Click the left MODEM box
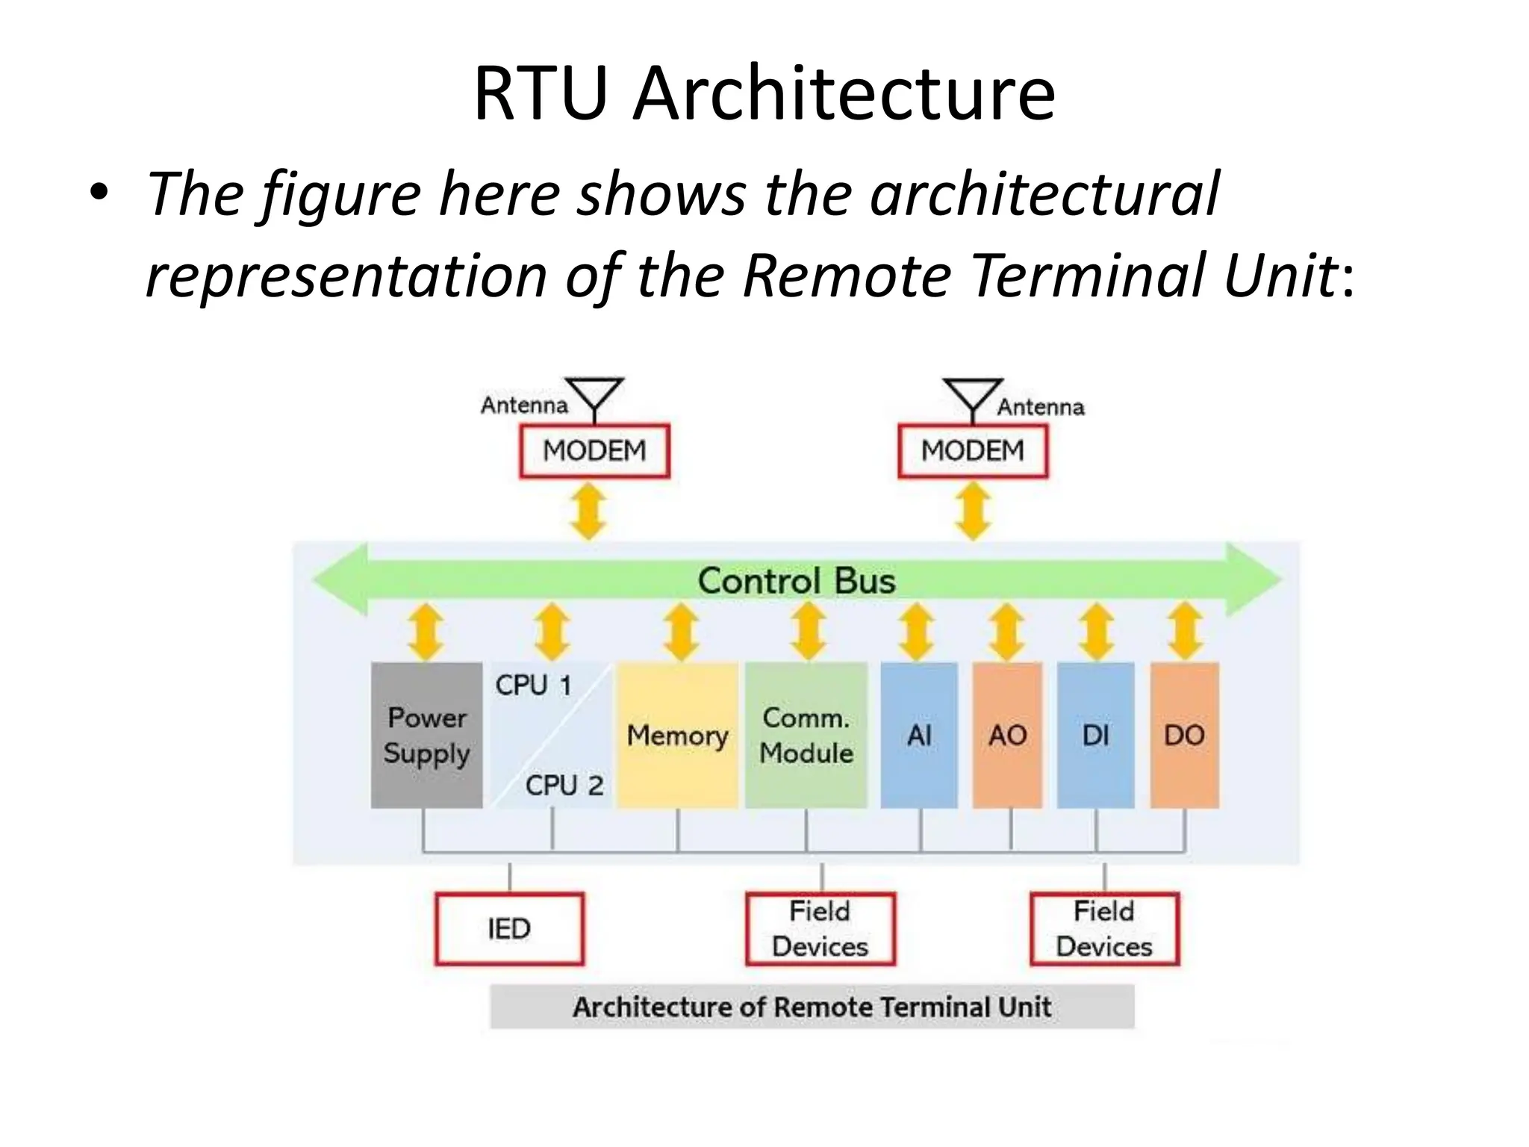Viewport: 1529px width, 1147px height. coord(594,451)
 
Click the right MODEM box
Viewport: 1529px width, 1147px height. coord(972,451)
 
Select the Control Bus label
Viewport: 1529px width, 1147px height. coord(796,581)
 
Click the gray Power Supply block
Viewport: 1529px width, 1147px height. coord(426,736)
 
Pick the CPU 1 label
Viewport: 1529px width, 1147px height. coord(533,686)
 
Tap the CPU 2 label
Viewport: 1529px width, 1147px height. coord(564,786)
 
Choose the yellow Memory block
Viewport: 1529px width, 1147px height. coord(677,736)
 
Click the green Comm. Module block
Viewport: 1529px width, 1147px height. coord(806,736)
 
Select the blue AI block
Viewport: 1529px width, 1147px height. coord(919,736)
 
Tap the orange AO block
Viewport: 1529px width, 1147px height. coord(1007,736)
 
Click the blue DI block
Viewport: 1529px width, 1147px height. coord(1095,736)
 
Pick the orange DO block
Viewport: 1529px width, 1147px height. coord(1184,736)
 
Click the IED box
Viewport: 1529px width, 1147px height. coord(509,929)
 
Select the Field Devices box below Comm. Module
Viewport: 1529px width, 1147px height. coord(820,929)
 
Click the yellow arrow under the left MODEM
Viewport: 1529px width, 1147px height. coord(588,512)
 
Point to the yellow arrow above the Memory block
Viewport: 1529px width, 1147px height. coord(680,632)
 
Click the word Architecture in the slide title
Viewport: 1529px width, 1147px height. coord(844,93)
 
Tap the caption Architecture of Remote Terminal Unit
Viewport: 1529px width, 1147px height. coord(812,1007)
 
